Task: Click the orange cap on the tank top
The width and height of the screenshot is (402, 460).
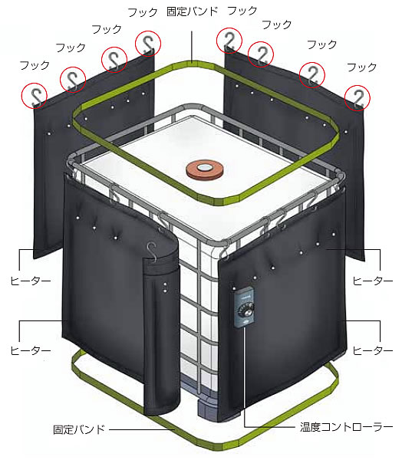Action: click(205, 169)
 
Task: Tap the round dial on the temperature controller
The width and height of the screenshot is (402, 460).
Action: click(244, 310)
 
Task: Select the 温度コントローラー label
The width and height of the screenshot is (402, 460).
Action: click(346, 427)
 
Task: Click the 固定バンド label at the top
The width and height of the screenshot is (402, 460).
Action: click(193, 11)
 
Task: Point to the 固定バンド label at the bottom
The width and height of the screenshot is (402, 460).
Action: click(79, 429)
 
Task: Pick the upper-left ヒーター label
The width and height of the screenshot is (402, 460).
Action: click(30, 281)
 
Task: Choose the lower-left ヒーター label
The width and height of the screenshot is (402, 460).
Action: click(30, 350)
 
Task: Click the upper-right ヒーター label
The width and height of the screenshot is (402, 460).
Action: click(372, 281)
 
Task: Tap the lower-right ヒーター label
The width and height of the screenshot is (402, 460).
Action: click(372, 350)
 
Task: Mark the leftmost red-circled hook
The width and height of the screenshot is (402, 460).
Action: click(35, 96)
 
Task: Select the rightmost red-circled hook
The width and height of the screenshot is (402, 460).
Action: click(357, 97)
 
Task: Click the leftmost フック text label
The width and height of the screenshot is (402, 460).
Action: click(35, 65)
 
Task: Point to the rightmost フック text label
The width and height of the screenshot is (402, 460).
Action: click(362, 67)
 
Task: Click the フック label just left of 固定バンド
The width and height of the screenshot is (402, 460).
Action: click(143, 12)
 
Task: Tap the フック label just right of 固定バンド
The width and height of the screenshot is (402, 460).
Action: click(242, 11)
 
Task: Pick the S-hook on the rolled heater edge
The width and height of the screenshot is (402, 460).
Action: click(152, 251)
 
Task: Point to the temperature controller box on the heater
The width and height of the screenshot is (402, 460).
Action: click(244, 308)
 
